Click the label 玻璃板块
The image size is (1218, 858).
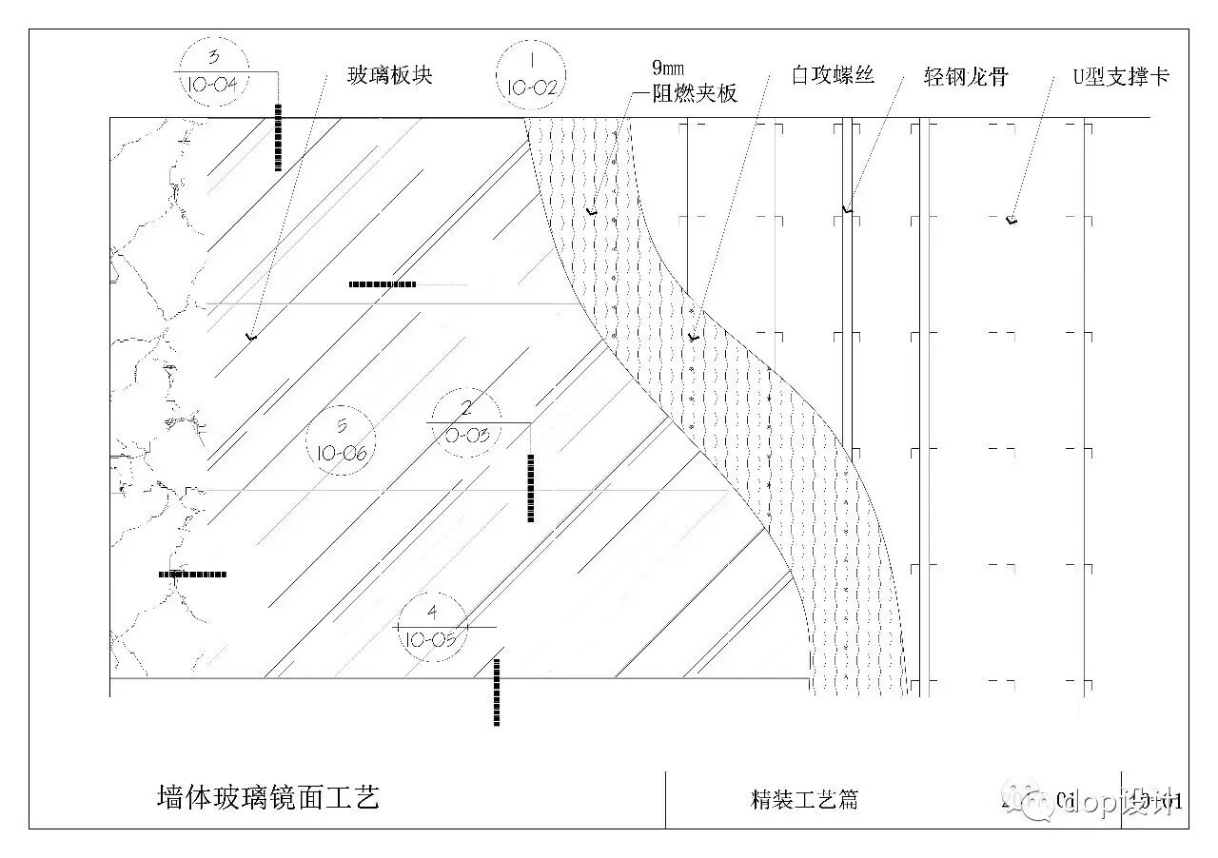click(390, 75)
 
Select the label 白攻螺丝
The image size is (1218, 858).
click(833, 74)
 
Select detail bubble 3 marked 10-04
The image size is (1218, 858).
click(213, 71)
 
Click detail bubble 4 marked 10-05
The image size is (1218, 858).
click(434, 627)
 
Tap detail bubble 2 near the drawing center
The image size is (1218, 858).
click(466, 422)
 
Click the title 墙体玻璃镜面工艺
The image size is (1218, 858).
click(268, 797)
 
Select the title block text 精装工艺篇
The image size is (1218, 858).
click(804, 800)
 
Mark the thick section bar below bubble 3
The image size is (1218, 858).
click(278, 137)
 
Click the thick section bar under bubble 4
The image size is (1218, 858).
click(496, 692)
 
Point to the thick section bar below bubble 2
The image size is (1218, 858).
click(530, 487)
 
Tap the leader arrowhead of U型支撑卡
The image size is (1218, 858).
click(1012, 221)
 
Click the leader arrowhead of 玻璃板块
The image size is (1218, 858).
click(252, 336)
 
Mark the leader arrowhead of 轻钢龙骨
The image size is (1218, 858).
click(847, 208)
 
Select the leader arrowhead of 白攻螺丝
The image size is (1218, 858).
click(694, 337)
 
